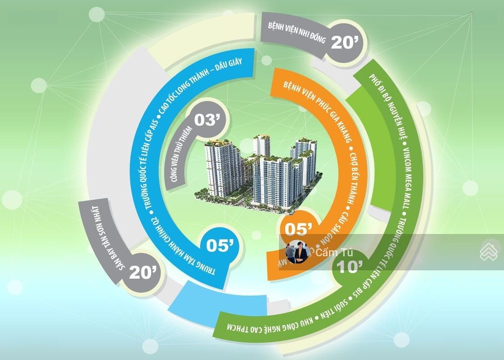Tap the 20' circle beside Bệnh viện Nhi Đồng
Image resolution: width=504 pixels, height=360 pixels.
[x=344, y=43]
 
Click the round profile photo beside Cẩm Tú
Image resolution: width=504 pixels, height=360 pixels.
[x=297, y=252]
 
